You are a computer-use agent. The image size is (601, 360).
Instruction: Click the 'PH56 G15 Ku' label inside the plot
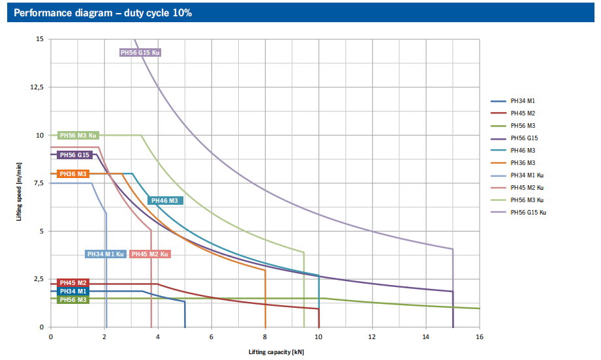[140, 52]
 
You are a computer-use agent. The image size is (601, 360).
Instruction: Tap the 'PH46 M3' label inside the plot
[165, 201]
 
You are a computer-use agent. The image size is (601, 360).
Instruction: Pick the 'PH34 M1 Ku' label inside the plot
[106, 254]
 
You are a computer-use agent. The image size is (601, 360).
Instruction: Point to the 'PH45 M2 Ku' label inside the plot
[150, 254]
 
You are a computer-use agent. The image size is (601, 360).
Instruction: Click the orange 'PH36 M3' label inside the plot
[73, 174]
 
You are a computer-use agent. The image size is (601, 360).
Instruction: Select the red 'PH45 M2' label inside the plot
[73, 283]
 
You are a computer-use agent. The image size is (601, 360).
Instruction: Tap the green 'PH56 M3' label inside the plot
[73, 299]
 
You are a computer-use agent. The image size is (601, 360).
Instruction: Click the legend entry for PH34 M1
[523, 101]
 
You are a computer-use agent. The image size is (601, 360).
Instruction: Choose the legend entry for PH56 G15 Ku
[528, 212]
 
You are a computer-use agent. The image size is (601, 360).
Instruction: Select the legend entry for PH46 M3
[523, 150]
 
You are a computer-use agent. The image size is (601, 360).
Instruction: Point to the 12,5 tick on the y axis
[37, 87]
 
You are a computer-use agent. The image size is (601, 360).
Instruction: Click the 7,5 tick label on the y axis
[38, 183]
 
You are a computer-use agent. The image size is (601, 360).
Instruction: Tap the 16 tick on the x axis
[479, 337]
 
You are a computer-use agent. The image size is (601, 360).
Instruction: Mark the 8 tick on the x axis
[265, 337]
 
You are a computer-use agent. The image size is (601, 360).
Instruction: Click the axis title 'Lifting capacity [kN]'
[276, 352]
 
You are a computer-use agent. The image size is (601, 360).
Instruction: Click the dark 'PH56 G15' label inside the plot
[74, 155]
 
